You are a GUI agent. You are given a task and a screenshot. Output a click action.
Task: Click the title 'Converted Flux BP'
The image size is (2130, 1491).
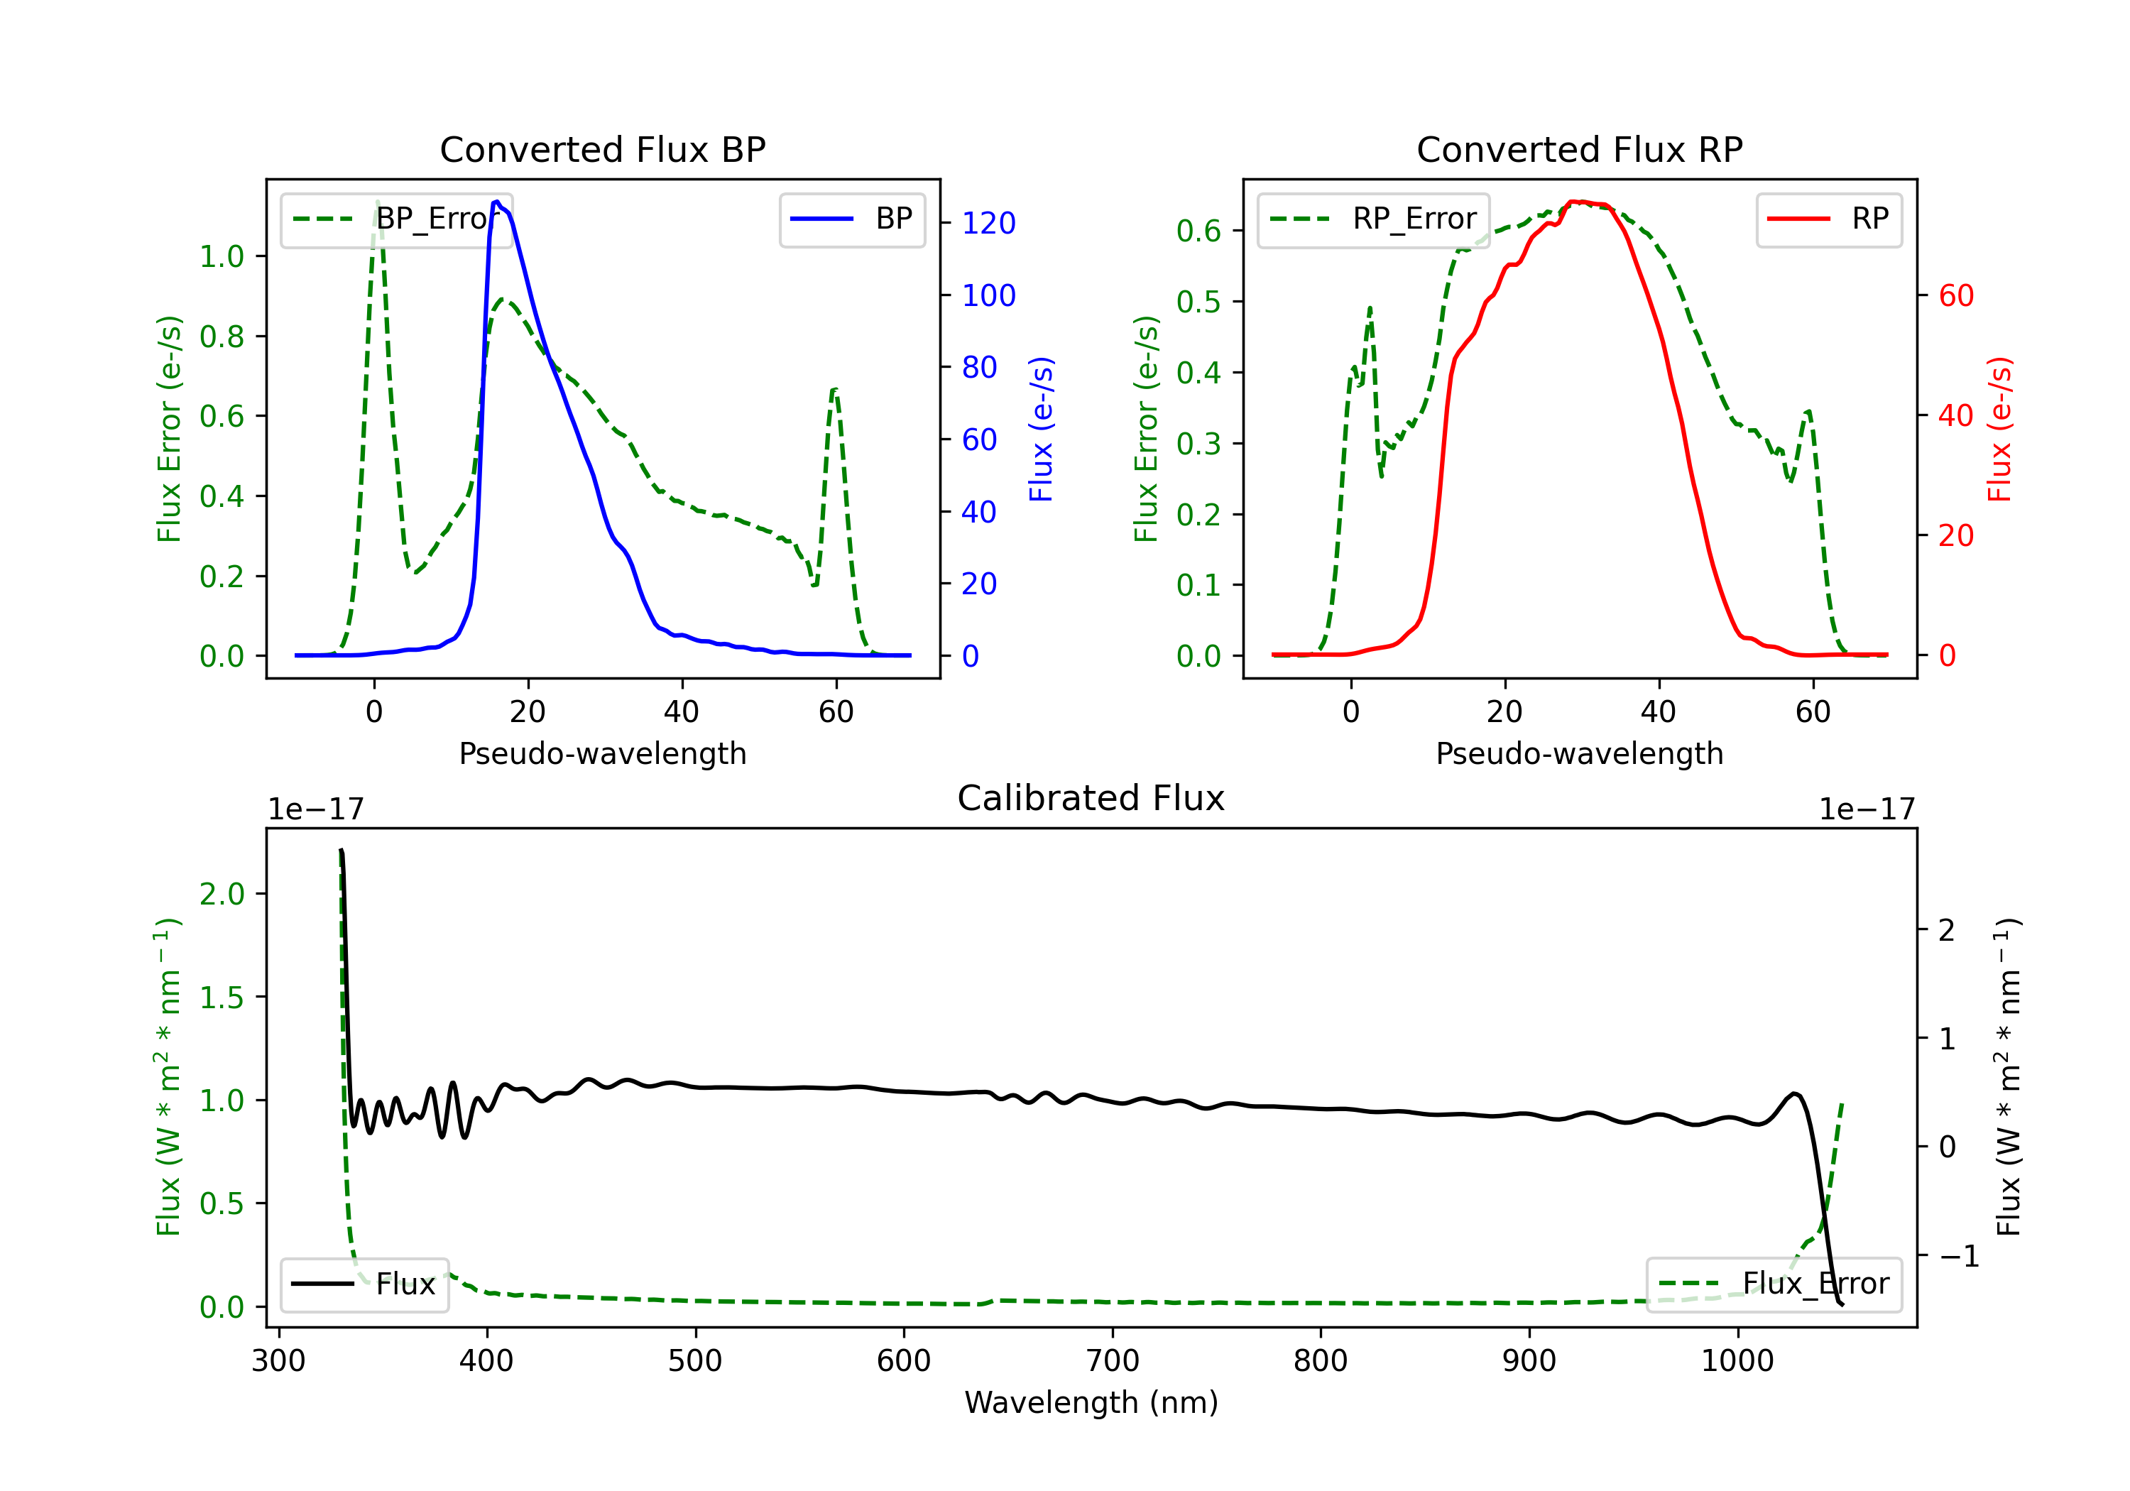tap(602, 149)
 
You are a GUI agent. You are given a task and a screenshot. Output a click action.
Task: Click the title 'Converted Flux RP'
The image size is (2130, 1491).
tap(1579, 149)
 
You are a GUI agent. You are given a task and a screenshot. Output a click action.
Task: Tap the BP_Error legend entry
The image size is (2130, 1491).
tap(396, 219)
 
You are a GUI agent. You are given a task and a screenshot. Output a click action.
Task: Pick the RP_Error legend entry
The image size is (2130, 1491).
tap(1373, 219)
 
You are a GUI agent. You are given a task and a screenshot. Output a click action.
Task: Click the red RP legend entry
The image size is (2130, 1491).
tap(1828, 219)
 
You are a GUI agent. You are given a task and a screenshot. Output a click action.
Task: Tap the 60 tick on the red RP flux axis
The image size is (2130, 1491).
tap(1955, 296)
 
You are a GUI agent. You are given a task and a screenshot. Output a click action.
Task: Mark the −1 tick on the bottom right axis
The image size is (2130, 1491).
tap(1958, 1256)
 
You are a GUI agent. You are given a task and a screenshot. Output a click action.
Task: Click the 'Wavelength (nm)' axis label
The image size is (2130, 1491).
tap(1091, 1402)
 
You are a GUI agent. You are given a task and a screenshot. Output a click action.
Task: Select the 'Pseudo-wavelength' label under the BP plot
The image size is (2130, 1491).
tap(602, 753)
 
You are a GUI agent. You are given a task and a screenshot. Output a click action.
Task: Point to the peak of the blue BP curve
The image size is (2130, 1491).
tap(497, 202)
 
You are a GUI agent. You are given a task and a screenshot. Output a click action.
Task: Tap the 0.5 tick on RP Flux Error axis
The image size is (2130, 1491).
tap(1198, 302)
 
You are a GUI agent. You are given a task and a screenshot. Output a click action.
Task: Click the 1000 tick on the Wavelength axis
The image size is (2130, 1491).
tap(1737, 1361)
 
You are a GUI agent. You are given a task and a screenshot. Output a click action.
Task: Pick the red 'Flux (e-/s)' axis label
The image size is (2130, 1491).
tap(1999, 429)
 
